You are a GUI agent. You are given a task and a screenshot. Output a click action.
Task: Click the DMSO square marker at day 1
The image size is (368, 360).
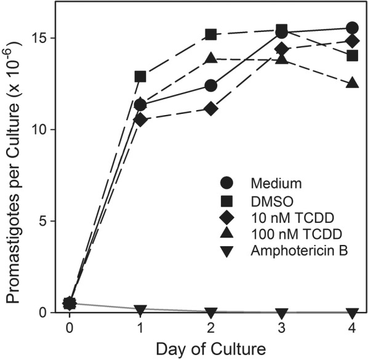[x=140, y=77]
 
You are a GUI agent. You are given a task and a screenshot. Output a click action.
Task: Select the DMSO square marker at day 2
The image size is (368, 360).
[x=211, y=34]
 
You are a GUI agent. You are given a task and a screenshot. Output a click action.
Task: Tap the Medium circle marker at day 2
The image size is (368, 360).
[x=211, y=86]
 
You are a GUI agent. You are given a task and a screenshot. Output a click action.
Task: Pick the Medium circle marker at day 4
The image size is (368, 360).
[x=352, y=28]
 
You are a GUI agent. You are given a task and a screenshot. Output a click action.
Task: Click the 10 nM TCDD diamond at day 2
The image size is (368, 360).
[x=211, y=109]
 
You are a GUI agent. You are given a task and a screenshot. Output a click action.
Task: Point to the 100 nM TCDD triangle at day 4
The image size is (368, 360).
[x=352, y=83]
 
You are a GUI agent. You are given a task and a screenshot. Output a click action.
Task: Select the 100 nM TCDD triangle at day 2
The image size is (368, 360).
[x=211, y=58]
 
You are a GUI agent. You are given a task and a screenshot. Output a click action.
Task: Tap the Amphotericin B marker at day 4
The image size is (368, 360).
[x=352, y=313]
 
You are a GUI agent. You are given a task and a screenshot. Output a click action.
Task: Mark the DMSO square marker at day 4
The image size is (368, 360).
[x=352, y=55]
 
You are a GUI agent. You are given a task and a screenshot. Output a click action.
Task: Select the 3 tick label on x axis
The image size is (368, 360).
[x=281, y=327]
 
